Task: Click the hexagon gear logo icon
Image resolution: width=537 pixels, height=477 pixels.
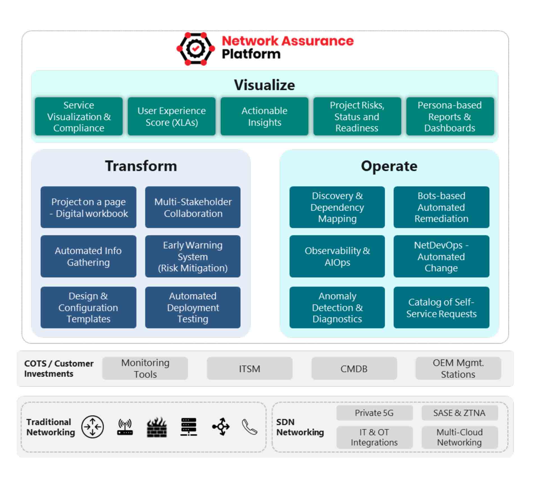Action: (x=195, y=49)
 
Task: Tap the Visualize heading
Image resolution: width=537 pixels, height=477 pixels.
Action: (x=264, y=85)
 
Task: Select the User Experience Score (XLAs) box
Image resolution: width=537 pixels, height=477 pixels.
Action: (x=171, y=117)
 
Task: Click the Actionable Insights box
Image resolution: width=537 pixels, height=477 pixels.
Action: (x=264, y=117)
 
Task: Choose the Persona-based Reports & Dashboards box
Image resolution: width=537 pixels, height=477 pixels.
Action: (x=450, y=117)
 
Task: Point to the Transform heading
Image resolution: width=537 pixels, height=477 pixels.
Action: (x=141, y=166)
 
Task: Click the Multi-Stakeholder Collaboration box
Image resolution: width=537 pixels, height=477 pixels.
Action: (x=193, y=208)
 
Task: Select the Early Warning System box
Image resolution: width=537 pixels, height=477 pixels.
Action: (x=193, y=257)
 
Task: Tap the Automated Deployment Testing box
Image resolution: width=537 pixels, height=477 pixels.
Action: (x=193, y=307)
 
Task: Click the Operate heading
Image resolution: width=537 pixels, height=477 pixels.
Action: (x=389, y=166)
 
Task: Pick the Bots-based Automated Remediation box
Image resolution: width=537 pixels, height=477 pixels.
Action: (x=441, y=207)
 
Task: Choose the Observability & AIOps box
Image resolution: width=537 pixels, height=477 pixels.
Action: (x=337, y=257)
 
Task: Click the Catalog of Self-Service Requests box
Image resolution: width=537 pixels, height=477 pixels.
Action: (x=441, y=308)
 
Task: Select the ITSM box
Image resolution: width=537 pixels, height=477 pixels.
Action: (x=249, y=368)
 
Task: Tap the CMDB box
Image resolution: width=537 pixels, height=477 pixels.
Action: (x=354, y=368)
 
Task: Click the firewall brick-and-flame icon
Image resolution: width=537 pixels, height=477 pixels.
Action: (x=157, y=427)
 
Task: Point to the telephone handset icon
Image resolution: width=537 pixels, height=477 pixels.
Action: (x=249, y=427)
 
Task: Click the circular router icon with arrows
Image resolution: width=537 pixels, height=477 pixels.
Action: (x=92, y=427)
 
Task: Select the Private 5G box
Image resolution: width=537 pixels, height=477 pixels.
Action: (x=374, y=413)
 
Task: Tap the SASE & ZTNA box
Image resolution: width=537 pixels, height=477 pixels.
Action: (x=459, y=413)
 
